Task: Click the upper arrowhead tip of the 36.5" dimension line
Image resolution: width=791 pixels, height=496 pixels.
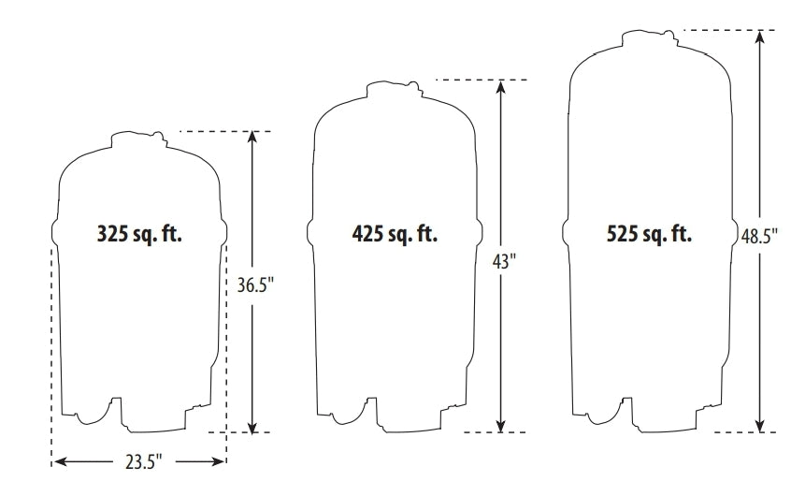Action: [x=252, y=132]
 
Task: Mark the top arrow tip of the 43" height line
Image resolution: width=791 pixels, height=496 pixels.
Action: [x=500, y=80]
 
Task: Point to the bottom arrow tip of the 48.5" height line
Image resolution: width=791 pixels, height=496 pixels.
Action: [x=760, y=431]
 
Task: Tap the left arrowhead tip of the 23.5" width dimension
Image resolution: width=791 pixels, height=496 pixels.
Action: [x=54, y=461]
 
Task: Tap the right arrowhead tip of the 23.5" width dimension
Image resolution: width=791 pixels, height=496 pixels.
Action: [x=224, y=461]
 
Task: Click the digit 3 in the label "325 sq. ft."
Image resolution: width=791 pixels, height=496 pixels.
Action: [x=102, y=234]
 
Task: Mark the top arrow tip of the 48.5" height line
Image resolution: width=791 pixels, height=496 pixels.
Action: [x=760, y=31]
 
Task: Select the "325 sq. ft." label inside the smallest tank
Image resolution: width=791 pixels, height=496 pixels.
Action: [x=139, y=234]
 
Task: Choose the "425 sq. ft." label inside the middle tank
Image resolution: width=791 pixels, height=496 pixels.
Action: [x=395, y=234]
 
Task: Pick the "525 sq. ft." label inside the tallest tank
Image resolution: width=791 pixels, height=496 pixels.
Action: [x=649, y=234]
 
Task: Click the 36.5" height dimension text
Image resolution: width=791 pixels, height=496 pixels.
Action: [x=255, y=285]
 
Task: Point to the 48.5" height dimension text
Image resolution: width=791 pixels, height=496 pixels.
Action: [x=759, y=237]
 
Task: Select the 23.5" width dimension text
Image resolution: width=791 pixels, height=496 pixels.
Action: [x=144, y=461]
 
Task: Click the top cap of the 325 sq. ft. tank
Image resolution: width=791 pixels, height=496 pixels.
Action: [x=138, y=139]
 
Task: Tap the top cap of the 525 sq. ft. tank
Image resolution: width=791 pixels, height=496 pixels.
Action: [x=649, y=39]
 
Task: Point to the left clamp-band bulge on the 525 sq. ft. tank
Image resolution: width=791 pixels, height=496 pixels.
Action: [x=566, y=231]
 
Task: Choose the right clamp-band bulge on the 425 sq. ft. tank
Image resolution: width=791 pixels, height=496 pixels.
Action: [x=480, y=231]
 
